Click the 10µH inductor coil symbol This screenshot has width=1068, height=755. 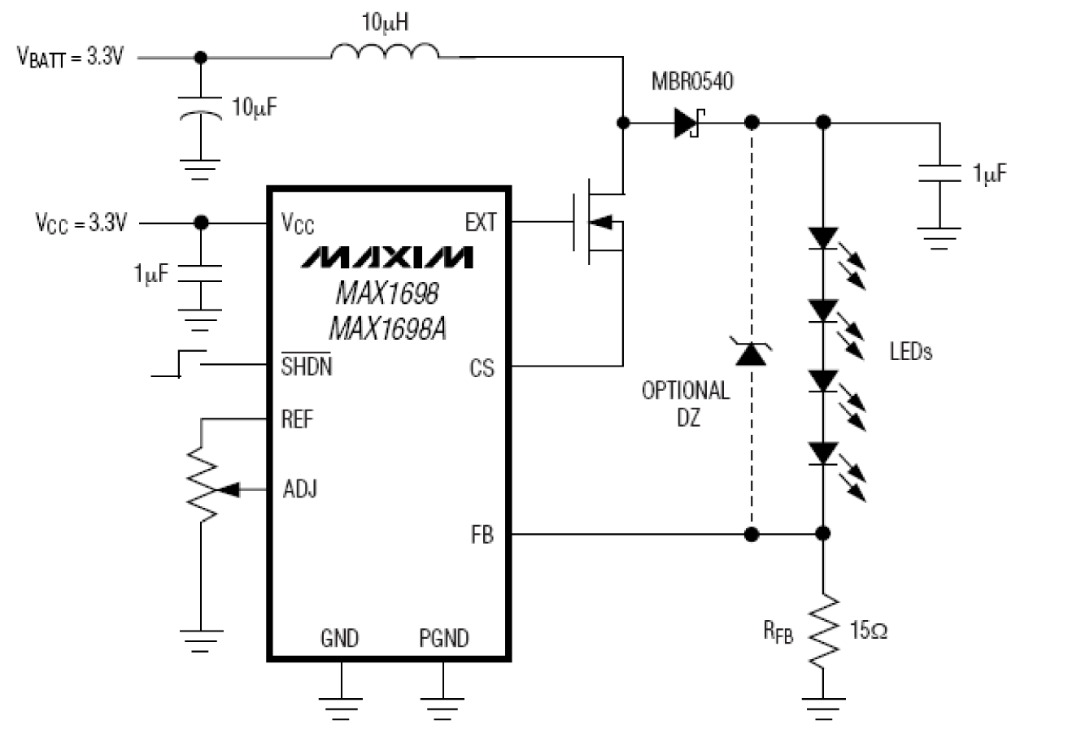pyautogui.click(x=385, y=50)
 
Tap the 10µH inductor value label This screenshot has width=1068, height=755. pyautogui.click(x=385, y=23)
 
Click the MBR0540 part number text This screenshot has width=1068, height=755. pyautogui.click(x=692, y=81)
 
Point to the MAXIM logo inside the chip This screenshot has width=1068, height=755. pyautogui.click(x=386, y=258)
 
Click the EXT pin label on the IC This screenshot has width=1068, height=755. pyautogui.click(x=481, y=223)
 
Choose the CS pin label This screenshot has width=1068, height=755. pyautogui.click(x=482, y=368)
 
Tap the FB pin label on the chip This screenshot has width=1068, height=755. pyautogui.click(x=482, y=535)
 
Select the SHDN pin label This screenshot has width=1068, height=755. pyautogui.click(x=306, y=366)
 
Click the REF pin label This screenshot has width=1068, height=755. pyautogui.click(x=297, y=419)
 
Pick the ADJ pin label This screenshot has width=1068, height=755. pyautogui.click(x=300, y=488)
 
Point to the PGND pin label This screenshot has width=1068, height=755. pyautogui.click(x=444, y=638)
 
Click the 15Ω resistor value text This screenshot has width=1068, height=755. pyautogui.click(x=869, y=630)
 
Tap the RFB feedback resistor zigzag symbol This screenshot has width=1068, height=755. pyautogui.click(x=823, y=631)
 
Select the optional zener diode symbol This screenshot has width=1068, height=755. pyautogui.click(x=751, y=352)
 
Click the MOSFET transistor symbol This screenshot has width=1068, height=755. pyautogui.click(x=599, y=222)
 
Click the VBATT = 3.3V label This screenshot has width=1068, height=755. pyautogui.click(x=71, y=57)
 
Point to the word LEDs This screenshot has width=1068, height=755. pyautogui.click(x=911, y=352)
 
